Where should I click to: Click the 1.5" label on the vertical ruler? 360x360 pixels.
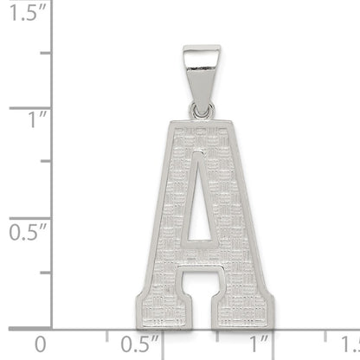pyautogui.click(x=28, y=12)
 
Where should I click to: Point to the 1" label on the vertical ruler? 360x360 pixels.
pyautogui.click(x=37, y=119)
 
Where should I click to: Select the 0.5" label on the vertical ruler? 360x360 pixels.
pyautogui.click(x=28, y=232)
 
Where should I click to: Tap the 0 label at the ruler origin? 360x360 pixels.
pyautogui.click(x=41, y=344)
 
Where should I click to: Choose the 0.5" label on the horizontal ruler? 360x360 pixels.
pyautogui.click(x=139, y=344)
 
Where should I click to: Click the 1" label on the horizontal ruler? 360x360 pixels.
pyautogui.click(x=259, y=344)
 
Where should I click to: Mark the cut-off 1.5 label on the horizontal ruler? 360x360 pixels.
pyautogui.click(x=350, y=344)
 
